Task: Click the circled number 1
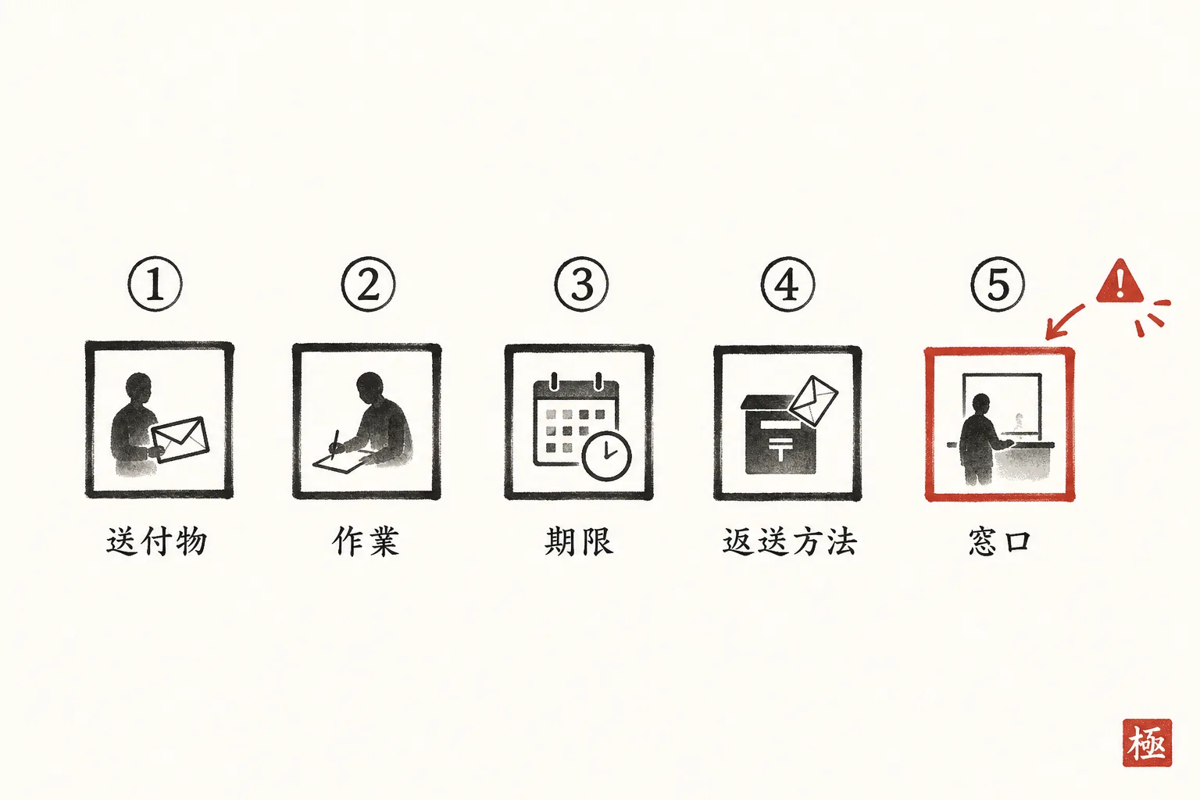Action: point(155,284)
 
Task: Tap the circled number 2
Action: point(368,284)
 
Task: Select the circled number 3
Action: point(581,284)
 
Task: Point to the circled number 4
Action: point(787,284)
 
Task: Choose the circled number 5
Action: point(998,284)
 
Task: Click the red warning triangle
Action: point(1120,282)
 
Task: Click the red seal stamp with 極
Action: point(1147,743)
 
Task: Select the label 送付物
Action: point(156,541)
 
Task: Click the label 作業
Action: point(366,541)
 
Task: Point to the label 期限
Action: point(579,541)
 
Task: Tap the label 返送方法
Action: point(790,541)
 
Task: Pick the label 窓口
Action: point(1000,541)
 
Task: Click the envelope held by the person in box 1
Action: point(180,439)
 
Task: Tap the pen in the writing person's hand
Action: point(335,445)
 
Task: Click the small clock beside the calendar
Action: point(606,455)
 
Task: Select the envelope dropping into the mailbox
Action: point(814,401)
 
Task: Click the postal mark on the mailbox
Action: point(780,447)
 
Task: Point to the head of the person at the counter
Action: point(981,405)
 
